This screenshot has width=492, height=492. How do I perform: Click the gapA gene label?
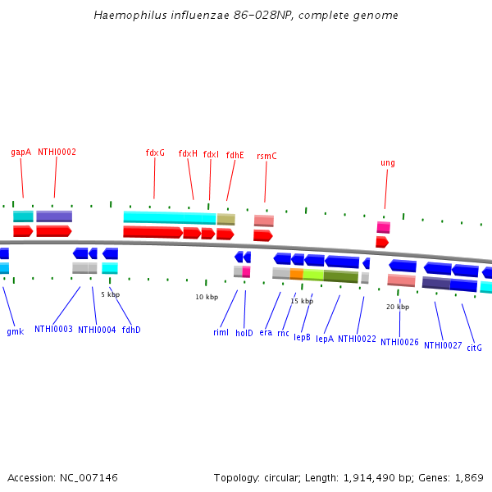pos(20,152)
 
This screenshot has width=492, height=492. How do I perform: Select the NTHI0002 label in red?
pos(57,152)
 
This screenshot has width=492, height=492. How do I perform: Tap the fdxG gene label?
pos(155,153)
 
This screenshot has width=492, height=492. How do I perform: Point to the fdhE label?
pos(235,155)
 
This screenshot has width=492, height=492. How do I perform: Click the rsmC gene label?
pos(266,156)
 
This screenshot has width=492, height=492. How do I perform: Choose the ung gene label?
pos(388,162)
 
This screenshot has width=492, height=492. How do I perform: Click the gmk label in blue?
pos(15,331)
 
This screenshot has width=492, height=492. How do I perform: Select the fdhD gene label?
pos(131,330)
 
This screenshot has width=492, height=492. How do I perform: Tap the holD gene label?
pos(244,332)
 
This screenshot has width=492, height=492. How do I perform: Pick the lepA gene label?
pos(325,338)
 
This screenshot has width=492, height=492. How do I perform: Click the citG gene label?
pos(474,348)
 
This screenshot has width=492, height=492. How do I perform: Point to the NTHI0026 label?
pos(399,342)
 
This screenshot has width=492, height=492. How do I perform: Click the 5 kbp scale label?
pos(110,294)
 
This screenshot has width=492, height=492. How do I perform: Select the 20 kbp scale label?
pos(398,307)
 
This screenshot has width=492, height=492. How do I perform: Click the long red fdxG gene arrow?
pos(153,233)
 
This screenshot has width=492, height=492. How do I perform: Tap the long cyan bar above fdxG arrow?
pos(169,217)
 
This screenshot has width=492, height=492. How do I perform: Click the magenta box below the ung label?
pos(383,227)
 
